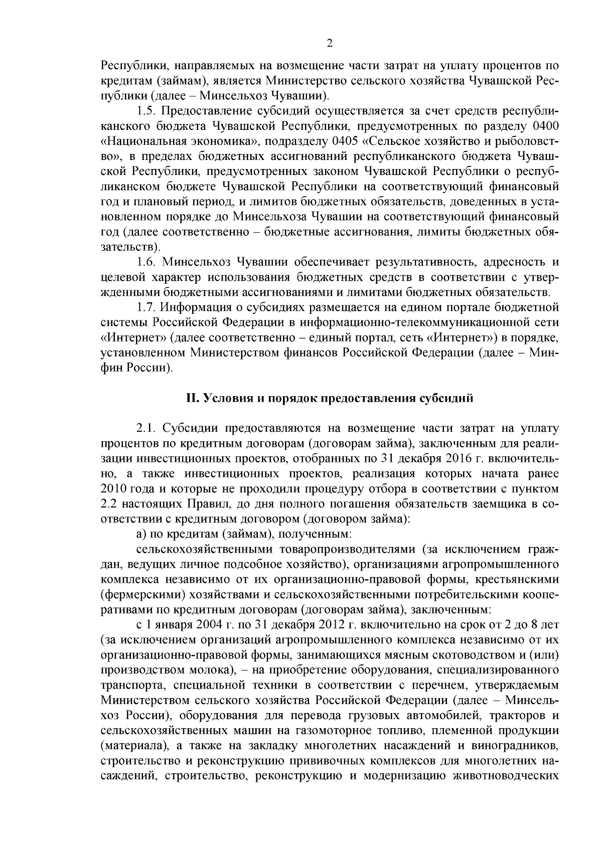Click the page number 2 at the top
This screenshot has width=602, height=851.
tap(330, 43)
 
